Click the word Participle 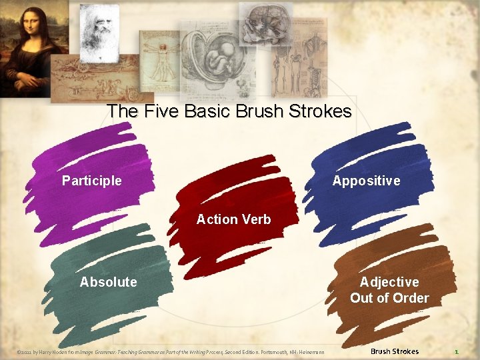92,181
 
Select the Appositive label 366,181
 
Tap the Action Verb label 233,219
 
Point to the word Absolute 108,282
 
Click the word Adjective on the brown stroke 389,282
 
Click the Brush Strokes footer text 395,351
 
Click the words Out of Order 389,298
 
